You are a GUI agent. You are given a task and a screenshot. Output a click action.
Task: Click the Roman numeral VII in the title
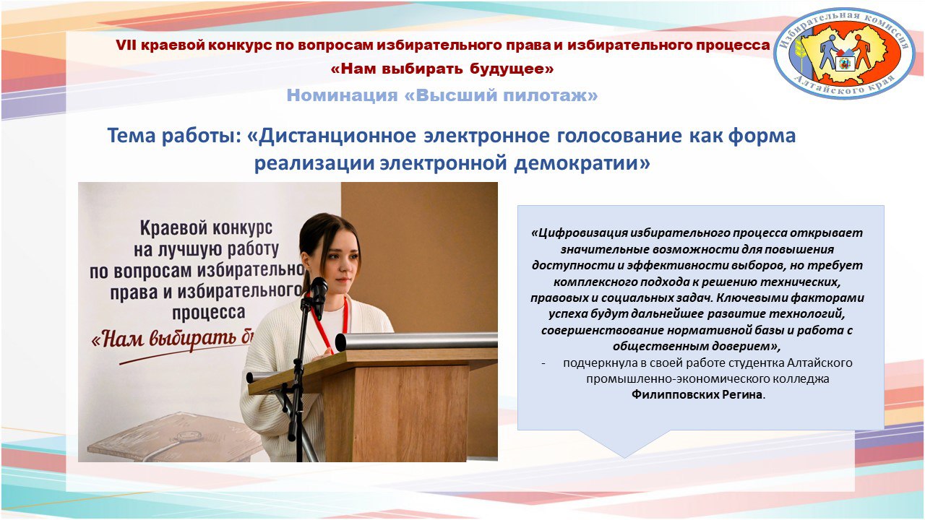click(x=126, y=45)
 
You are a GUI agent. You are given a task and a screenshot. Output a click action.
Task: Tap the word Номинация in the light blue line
click(x=342, y=95)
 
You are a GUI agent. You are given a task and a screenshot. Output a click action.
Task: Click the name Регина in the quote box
click(x=742, y=395)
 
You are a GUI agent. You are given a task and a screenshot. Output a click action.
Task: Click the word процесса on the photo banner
click(x=209, y=313)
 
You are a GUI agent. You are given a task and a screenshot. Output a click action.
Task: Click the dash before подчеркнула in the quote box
click(x=543, y=363)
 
